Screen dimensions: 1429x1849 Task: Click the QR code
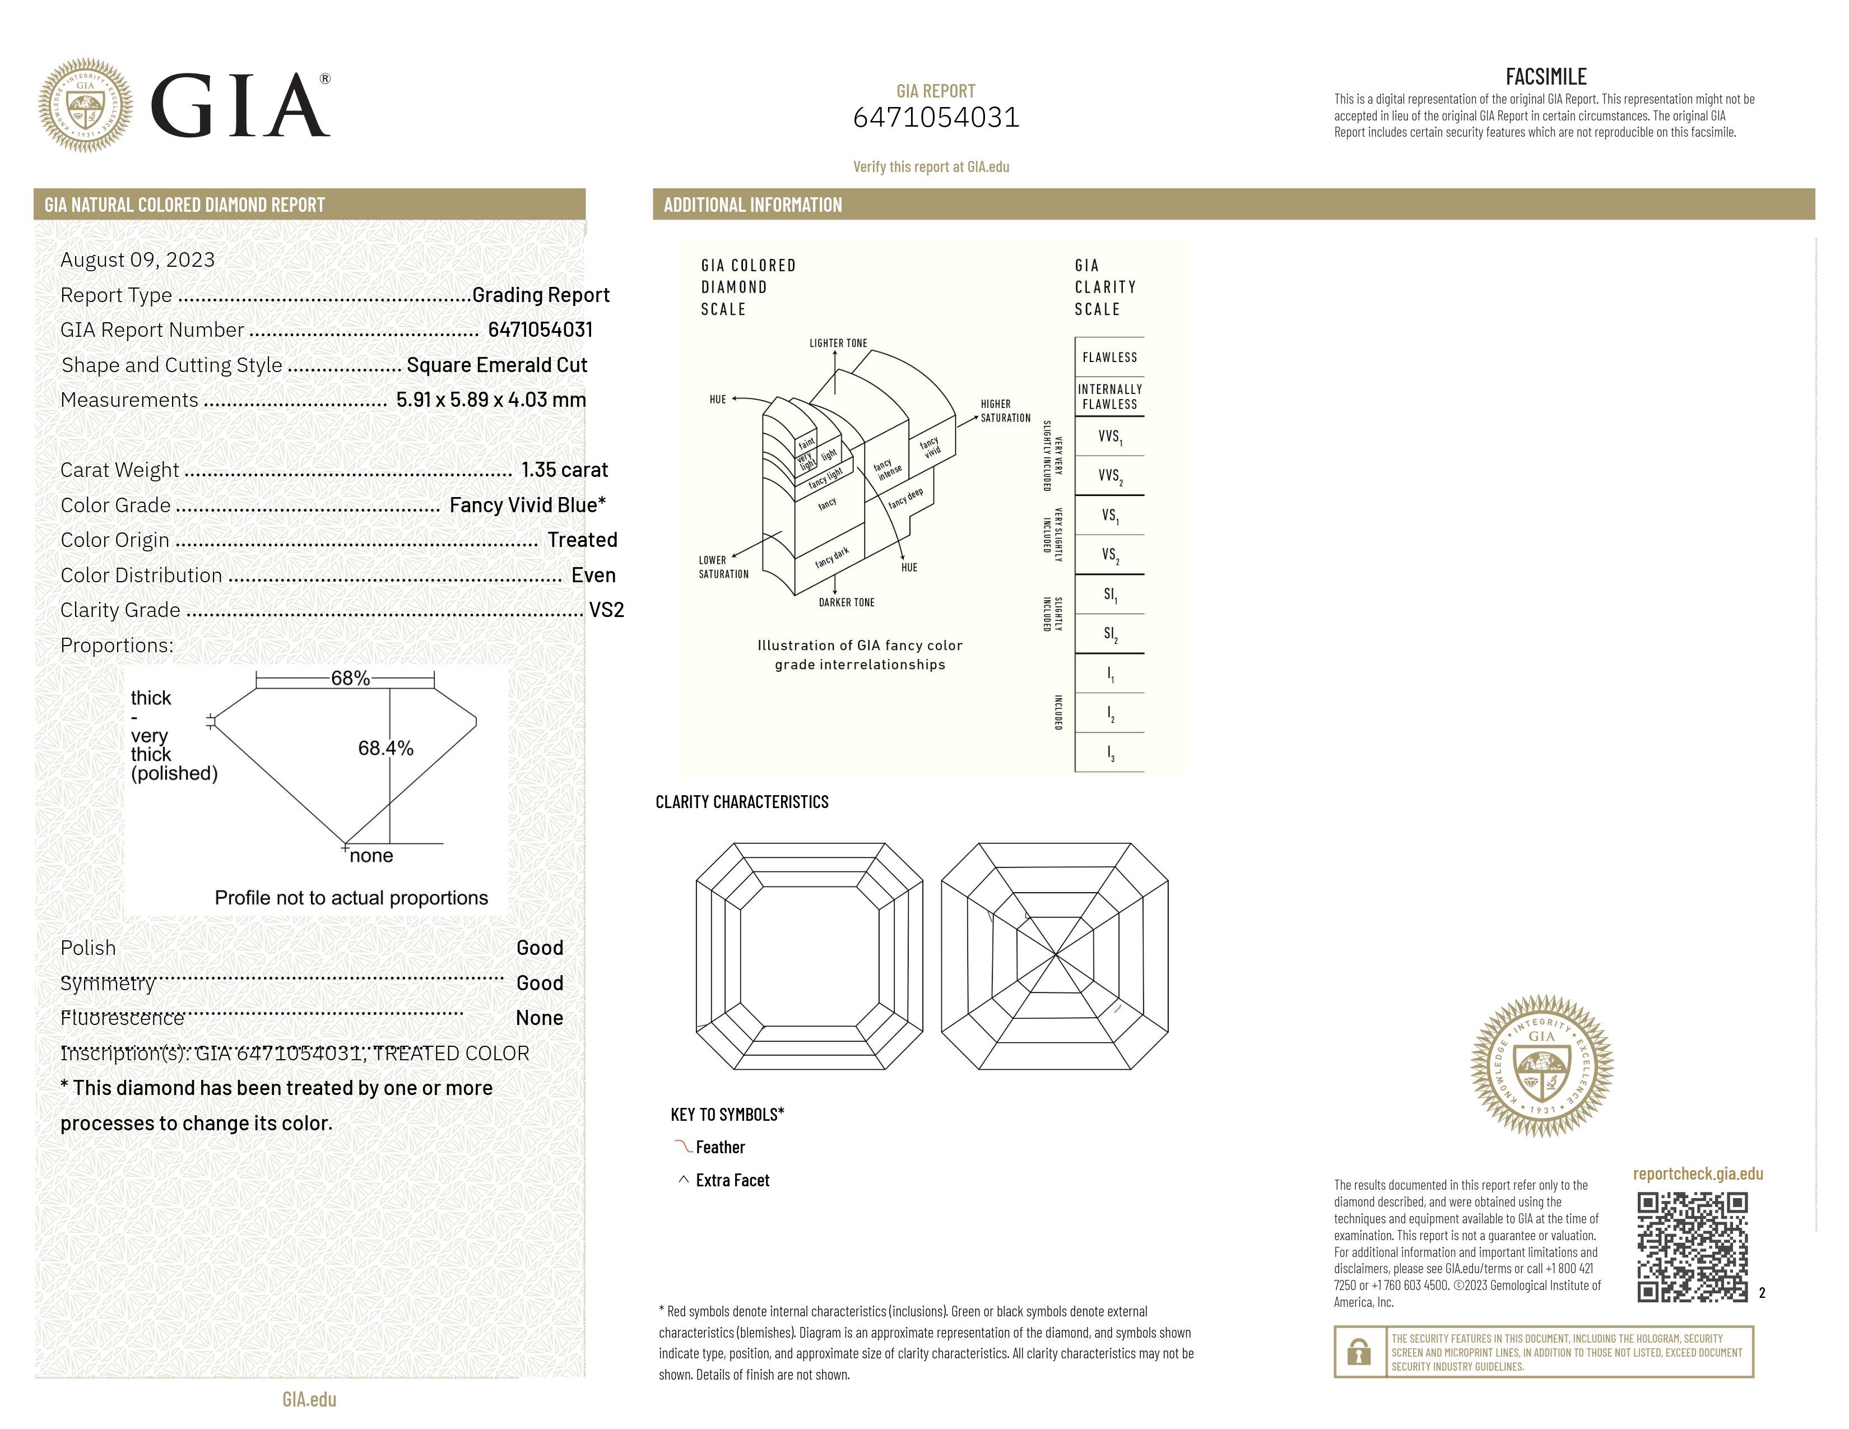point(1692,1246)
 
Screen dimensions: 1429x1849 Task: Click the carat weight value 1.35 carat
point(564,470)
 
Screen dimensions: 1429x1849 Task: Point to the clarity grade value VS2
point(606,610)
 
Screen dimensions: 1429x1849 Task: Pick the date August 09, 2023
point(137,260)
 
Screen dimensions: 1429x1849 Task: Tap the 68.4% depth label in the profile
point(385,748)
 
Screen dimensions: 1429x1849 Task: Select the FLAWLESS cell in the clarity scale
point(1109,358)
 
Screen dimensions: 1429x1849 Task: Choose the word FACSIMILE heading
point(1545,77)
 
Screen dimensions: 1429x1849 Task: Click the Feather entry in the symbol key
point(719,1148)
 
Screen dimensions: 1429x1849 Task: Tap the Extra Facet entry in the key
point(731,1181)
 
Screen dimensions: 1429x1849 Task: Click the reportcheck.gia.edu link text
point(1698,1173)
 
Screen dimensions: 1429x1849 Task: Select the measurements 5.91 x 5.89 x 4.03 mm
point(491,400)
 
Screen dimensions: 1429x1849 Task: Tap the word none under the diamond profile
point(371,856)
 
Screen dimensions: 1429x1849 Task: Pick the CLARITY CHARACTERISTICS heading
point(742,802)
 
